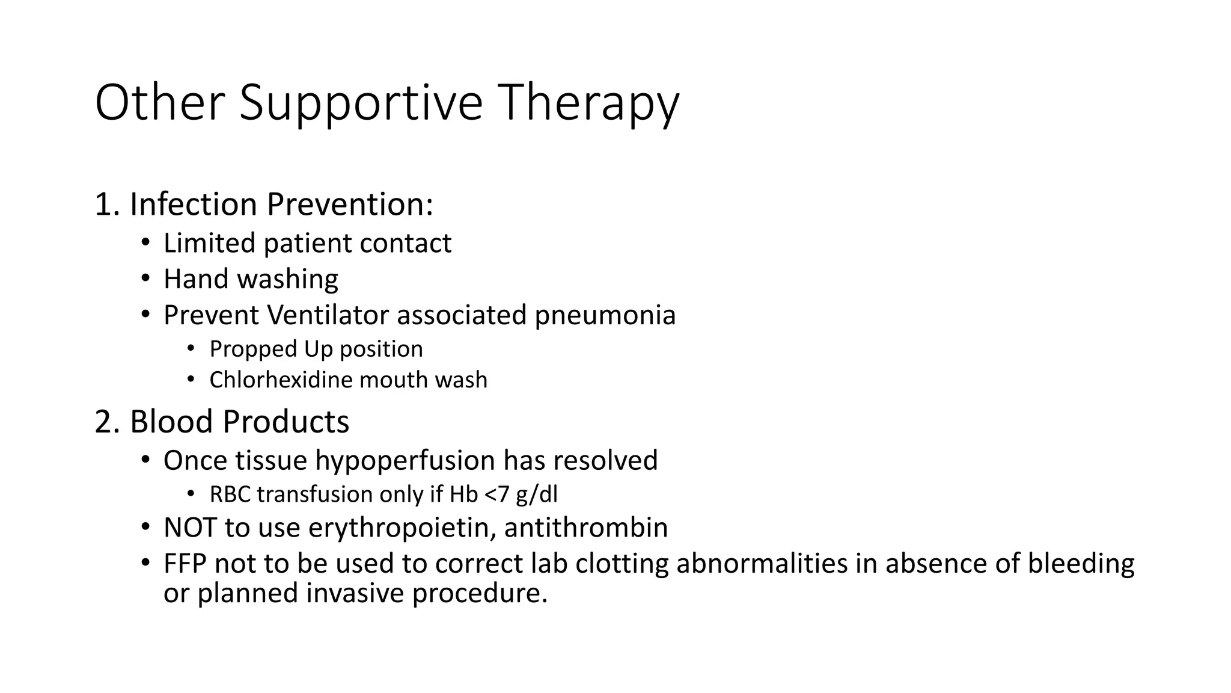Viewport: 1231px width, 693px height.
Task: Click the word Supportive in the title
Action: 361,103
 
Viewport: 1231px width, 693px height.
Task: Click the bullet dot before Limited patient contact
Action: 145,243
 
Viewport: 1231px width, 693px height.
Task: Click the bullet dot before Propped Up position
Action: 191,348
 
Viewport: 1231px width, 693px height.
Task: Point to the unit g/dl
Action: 537,494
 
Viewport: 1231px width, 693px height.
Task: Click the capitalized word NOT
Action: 190,528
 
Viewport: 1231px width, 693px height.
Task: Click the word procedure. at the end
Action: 479,593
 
